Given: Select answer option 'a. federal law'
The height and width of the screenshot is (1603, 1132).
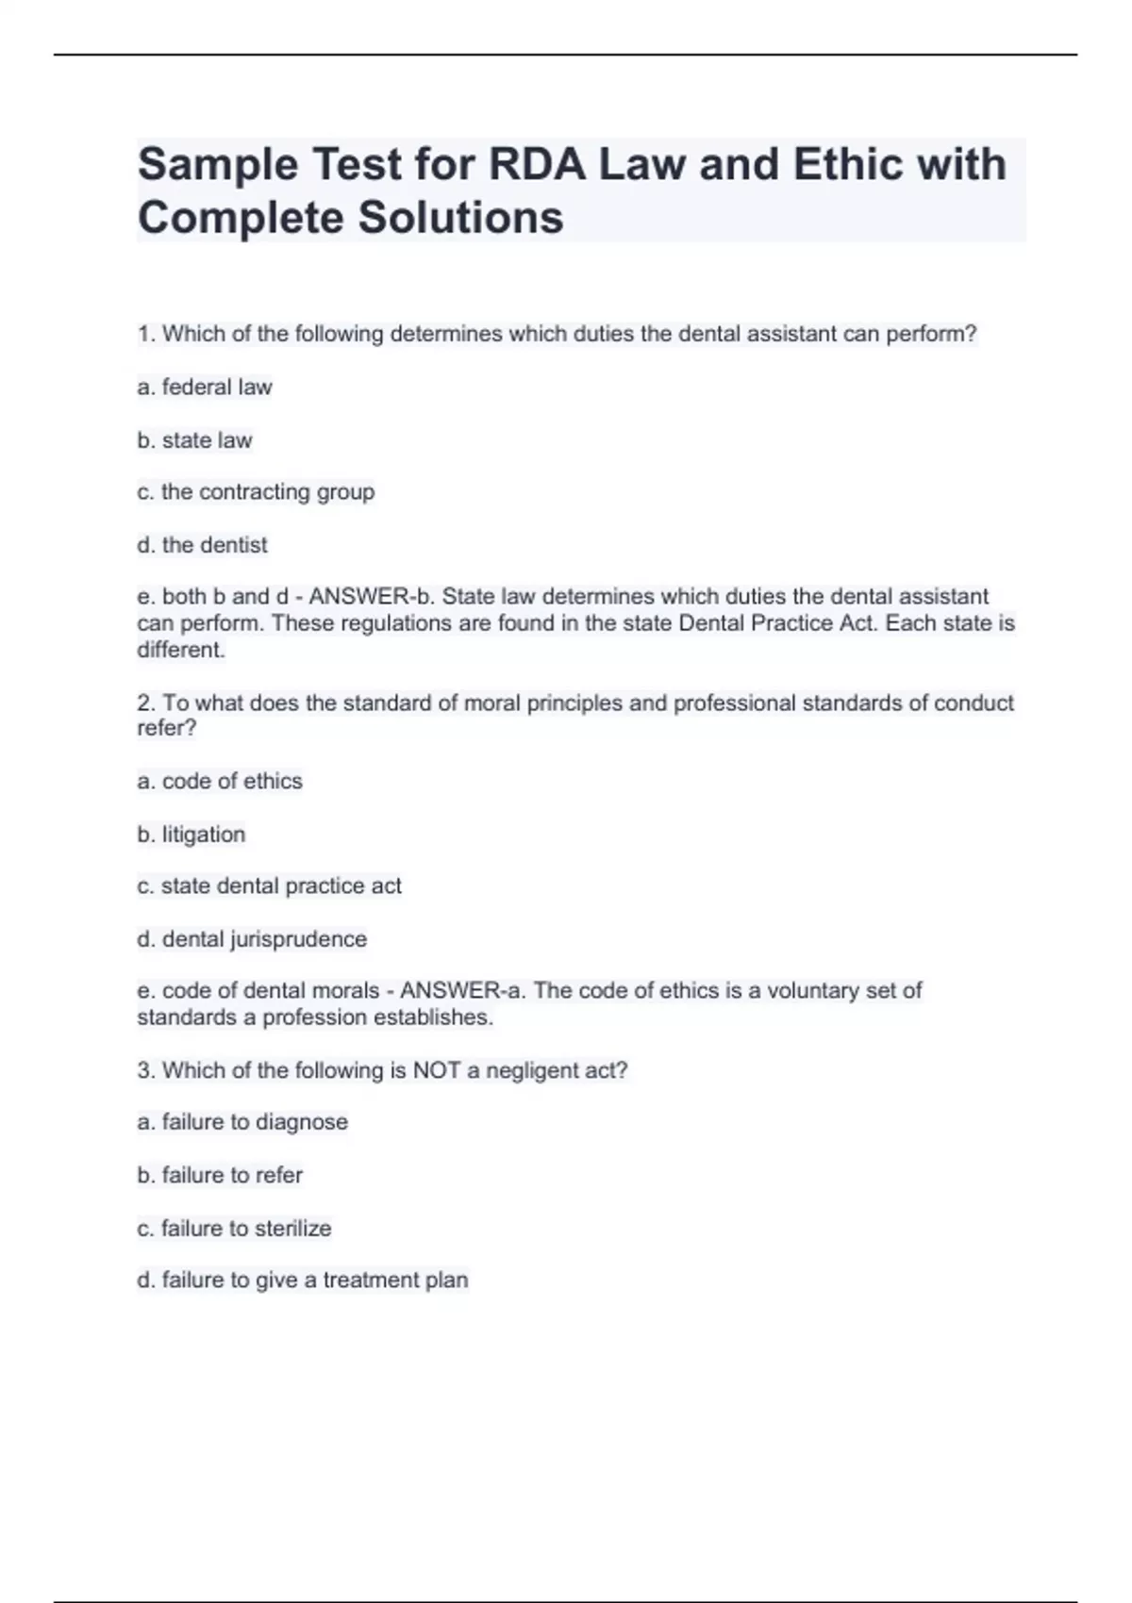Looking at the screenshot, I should point(205,388).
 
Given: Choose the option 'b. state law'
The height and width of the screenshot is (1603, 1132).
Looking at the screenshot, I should point(195,440).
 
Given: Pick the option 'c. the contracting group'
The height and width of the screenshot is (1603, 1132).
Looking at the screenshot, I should point(256,492).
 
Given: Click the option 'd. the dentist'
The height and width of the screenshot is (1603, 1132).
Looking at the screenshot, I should point(203,545).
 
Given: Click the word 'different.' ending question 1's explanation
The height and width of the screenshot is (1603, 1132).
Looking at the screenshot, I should point(181,650).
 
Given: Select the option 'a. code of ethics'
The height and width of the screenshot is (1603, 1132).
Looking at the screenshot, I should point(220,782).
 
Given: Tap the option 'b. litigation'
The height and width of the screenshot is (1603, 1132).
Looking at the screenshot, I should point(191,835).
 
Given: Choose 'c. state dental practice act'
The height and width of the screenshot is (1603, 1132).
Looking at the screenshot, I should point(270,886).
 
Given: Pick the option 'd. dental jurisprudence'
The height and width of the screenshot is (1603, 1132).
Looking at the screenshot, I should point(252,939).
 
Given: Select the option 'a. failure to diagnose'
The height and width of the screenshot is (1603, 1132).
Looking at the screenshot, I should point(242,1122).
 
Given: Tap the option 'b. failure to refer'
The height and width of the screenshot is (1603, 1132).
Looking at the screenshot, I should point(220,1176).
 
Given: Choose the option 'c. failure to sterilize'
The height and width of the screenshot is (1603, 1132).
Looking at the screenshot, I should point(234,1229).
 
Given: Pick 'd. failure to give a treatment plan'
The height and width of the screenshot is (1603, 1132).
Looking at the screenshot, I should point(303,1281).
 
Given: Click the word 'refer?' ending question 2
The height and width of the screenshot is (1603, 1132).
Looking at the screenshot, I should point(167,728).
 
